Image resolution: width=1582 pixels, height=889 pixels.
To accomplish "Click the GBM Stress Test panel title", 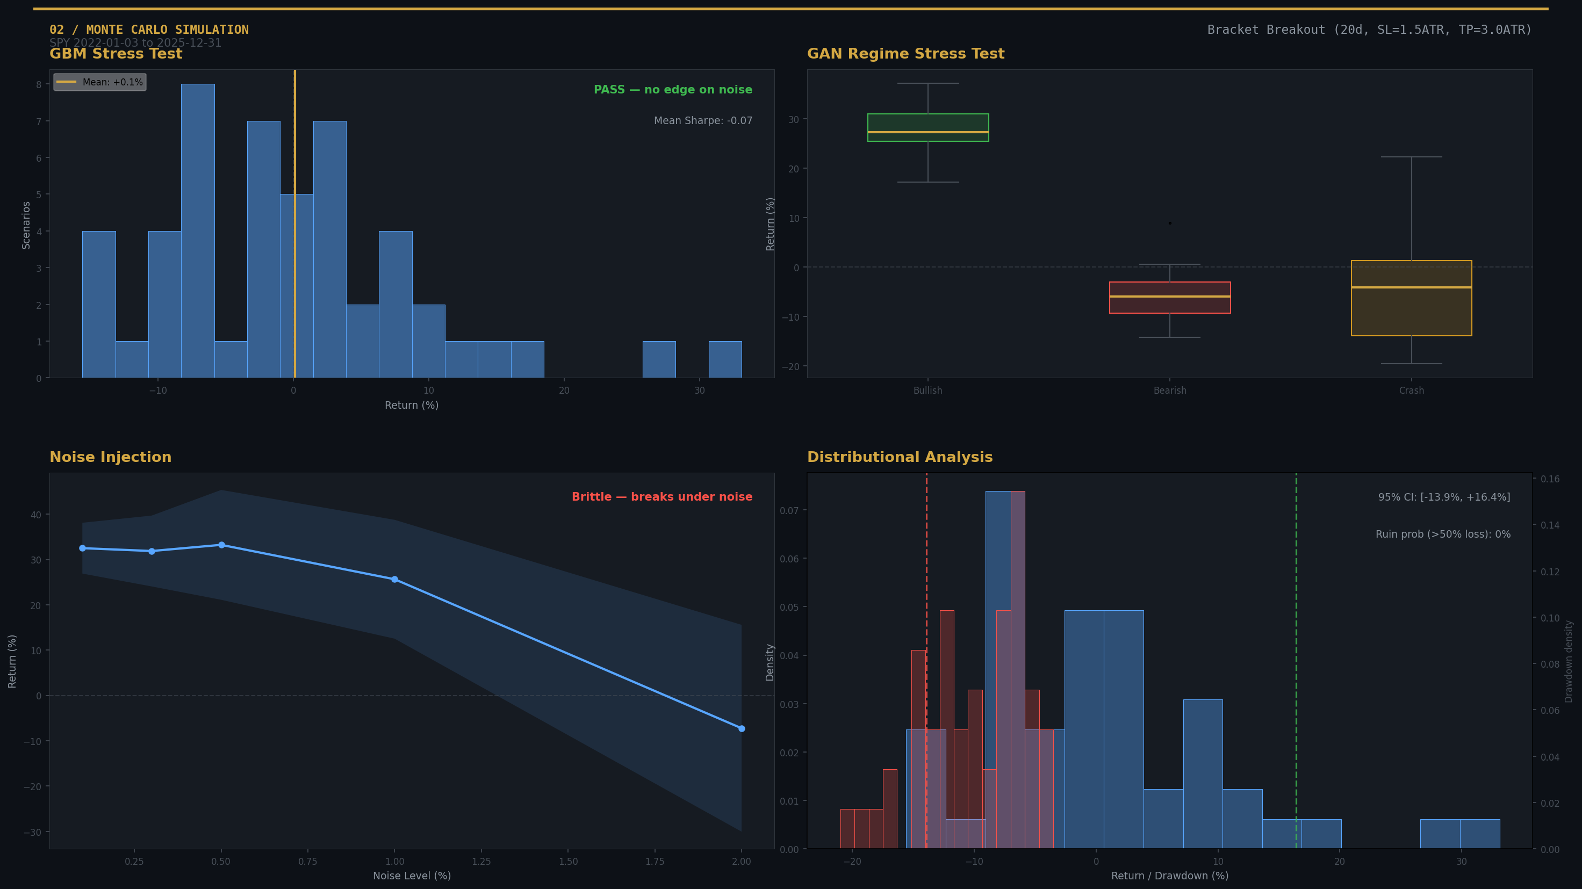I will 116,54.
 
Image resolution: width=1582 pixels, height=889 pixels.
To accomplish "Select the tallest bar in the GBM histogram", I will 198,230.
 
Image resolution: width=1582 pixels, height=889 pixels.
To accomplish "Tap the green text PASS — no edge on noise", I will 672,90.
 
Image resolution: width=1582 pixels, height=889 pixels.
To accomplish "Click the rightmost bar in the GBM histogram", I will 725,359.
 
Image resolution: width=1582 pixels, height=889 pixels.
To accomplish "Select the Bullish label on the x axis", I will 927,391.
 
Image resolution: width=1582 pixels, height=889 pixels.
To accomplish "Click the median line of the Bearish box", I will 1169,297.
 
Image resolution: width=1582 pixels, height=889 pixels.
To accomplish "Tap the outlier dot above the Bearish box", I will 1169,223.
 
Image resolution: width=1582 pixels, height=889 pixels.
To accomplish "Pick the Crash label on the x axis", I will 1411,391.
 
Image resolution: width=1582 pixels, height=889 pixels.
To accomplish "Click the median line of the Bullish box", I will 927,132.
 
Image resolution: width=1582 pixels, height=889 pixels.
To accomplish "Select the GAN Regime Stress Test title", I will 905,54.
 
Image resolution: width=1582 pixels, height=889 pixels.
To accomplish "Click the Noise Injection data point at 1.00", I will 394,580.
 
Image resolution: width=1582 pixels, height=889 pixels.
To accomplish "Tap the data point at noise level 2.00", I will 741,729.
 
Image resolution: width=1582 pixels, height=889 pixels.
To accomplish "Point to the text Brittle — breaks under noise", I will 661,497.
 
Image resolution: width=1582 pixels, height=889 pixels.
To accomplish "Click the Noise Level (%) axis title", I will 412,876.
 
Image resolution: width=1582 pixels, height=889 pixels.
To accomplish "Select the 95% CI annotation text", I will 1443,497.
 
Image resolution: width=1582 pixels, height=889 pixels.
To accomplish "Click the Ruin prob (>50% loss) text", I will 1443,534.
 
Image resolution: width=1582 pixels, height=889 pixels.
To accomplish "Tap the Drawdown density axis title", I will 1569,661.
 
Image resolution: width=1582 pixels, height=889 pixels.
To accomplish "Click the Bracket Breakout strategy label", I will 1369,30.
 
